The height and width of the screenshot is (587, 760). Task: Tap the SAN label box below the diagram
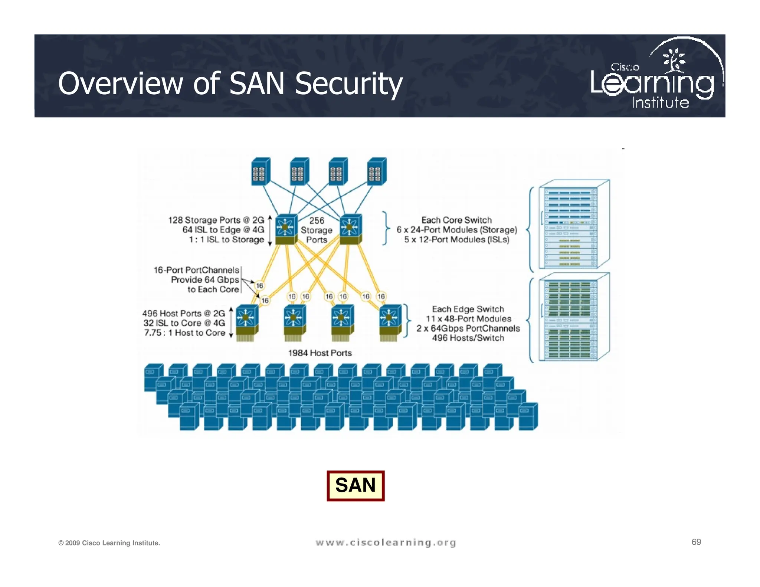(355, 485)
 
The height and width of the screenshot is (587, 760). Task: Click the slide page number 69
(696, 542)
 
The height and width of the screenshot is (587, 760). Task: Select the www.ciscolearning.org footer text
(386, 542)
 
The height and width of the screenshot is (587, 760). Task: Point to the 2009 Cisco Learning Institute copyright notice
(109, 543)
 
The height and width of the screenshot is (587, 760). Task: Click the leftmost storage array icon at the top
(261, 171)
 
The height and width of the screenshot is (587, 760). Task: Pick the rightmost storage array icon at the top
(377, 171)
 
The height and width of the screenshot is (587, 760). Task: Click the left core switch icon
(286, 229)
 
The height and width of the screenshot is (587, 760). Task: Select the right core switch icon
(351, 229)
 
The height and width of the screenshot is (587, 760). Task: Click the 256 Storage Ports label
(317, 230)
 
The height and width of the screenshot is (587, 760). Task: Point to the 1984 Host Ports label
(320, 353)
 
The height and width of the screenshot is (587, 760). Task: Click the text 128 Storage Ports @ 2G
(216, 220)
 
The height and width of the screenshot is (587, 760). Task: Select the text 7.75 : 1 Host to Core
(184, 333)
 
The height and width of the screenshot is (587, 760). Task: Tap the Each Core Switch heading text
(456, 220)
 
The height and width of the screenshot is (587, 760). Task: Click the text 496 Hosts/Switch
(468, 338)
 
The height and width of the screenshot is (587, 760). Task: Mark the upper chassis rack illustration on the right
(573, 225)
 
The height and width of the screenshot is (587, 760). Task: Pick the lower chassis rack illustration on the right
(573, 317)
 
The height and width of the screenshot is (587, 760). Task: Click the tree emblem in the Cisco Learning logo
(674, 59)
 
